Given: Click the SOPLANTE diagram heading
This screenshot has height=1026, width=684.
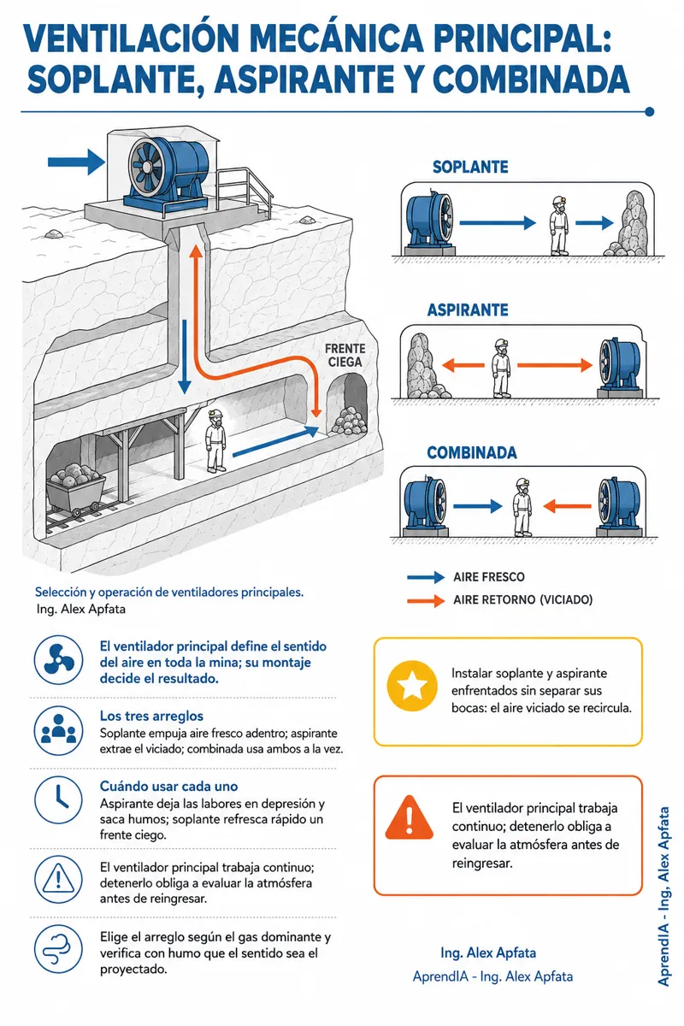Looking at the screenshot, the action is pyautogui.click(x=470, y=167).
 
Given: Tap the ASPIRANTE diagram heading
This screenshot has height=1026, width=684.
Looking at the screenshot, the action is pyautogui.click(x=468, y=310).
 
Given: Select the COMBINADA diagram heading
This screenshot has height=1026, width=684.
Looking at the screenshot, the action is pyautogui.click(x=472, y=452).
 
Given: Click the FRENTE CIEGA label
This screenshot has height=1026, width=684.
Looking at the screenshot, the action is pyautogui.click(x=345, y=356).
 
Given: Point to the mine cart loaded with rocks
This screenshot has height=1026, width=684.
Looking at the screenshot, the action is pyautogui.click(x=75, y=489).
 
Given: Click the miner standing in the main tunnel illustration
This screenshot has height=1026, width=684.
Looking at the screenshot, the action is pyautogui.click(x=215, y=440).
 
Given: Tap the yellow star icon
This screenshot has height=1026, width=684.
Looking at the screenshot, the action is pyautogui.click(x=412, y=686).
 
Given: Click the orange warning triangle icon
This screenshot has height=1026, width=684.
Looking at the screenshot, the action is pyautogui.click(x=409, y=819).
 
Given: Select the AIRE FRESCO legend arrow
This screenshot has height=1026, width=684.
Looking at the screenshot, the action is pyautogui.click(x=426, y=577).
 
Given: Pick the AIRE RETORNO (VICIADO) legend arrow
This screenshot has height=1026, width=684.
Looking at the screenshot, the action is pyautogui.click(x=426, y=600).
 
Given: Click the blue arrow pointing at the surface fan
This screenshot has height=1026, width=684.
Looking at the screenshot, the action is pyautogui.click(x=76, y=162).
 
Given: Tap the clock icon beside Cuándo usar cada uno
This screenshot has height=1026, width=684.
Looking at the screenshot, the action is pyautogui.click(x=58, y=800).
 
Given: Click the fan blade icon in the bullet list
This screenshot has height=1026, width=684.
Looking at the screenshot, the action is pyautogui.click(x=58, y=660).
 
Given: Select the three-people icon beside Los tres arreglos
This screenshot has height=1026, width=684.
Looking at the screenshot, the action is pyautogui.click(x=58, y=730).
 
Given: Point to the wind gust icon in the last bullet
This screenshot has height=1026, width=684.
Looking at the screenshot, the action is pyautogui.click(x=58, y=949).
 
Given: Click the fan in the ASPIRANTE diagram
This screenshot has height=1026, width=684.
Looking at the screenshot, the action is pyautogui.click(x=621, y=367).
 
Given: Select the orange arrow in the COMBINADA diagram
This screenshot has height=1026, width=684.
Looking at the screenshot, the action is pyautogui.click(x=567, y=506).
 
